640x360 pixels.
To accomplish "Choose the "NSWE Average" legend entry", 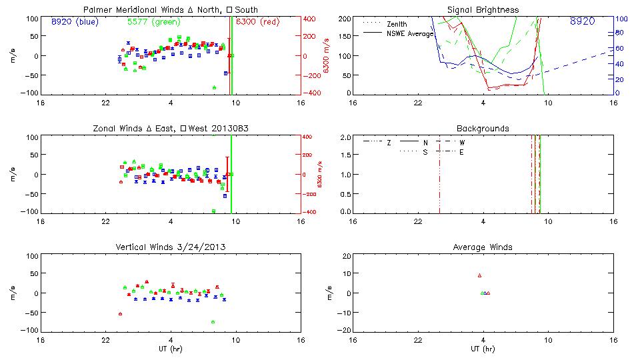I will pos(410,33).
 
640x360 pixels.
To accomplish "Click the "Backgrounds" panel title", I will pos(483,128).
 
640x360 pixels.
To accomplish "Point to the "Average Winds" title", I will pos(483,247).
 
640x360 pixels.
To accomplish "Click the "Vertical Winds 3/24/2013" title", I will pos(171,247).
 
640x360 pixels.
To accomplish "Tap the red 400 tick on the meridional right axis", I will pos(310,19).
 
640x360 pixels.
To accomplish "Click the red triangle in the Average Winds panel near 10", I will pos(479,275).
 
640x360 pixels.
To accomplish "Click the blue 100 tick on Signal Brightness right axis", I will pos(619,19).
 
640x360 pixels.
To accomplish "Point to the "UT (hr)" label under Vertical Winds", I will pos(171,349).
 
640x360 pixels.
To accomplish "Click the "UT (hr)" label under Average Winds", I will pos(483,349).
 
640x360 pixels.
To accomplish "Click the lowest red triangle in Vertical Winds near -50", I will pos(120,313).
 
